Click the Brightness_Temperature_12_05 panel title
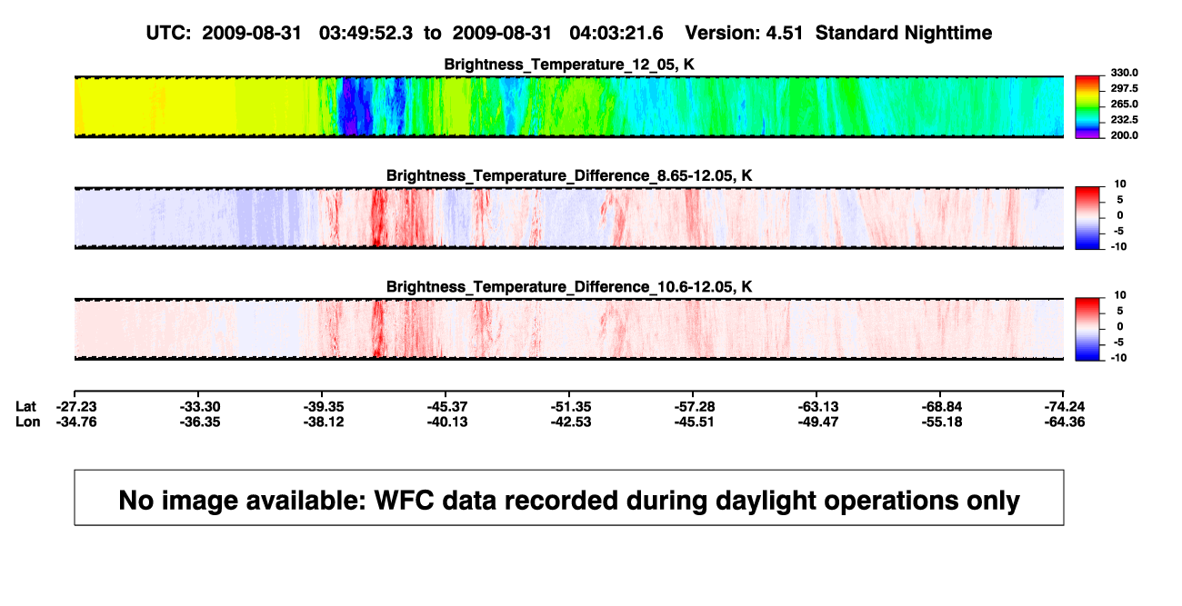[569, 65]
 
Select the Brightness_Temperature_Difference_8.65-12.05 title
[569, 175]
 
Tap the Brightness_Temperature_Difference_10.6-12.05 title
[569, 287]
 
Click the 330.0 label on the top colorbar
[1124, 73]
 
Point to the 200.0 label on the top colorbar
[1124, 135]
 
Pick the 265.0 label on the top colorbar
[1124, 104]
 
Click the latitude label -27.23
[76, 407]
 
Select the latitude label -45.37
[447, 407]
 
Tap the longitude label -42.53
[571, 422]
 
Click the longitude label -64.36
[1065, 422]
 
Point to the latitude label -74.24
[1065, 407]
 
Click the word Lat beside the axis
[25, 407]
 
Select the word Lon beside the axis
[28, 422]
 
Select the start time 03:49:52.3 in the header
[366, 34]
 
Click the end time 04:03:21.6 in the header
[616, 34]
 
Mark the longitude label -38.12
[324, 422]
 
